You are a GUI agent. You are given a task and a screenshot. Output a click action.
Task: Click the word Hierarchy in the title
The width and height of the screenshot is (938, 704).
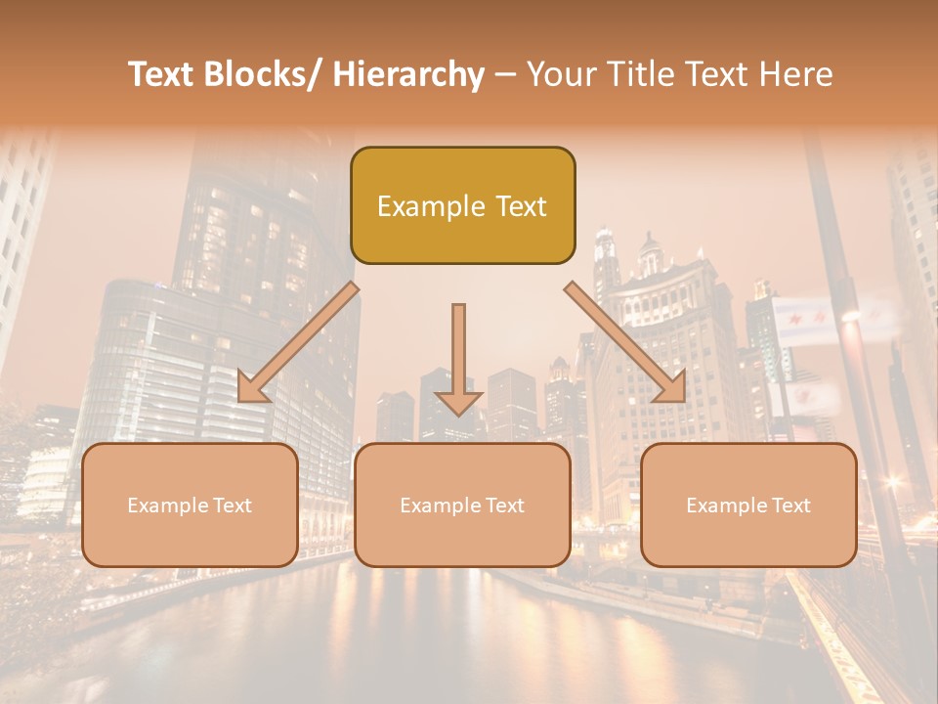408,74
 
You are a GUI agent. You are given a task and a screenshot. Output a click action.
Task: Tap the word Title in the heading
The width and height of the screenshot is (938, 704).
638,74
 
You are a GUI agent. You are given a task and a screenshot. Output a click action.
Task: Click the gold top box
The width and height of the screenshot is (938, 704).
462,205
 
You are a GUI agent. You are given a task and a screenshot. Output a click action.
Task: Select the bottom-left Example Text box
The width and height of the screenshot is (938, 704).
190,505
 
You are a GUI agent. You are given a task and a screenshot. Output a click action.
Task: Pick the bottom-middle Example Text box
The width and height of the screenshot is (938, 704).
462,505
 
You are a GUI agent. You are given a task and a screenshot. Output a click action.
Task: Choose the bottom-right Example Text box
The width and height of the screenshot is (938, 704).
748,505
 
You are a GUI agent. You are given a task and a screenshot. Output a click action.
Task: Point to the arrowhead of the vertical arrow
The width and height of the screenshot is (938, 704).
458,401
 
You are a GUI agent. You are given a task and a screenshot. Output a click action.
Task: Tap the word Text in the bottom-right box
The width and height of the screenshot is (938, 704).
790,506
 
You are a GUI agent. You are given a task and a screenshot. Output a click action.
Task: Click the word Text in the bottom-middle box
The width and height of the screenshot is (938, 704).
504,506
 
